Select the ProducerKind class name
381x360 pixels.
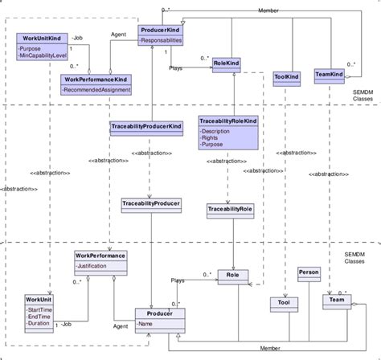[x=159, y=31]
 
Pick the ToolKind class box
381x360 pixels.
[x=286, y=77]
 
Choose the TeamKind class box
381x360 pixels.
[x=330, y=75]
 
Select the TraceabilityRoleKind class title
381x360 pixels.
[x=229, y=120]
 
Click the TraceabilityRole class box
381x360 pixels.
[x=230, y=209]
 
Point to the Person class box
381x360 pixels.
[x=309, y=273]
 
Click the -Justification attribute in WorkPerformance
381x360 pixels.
[x=96, y=265]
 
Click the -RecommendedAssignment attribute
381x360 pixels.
[x=97, y=92]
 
